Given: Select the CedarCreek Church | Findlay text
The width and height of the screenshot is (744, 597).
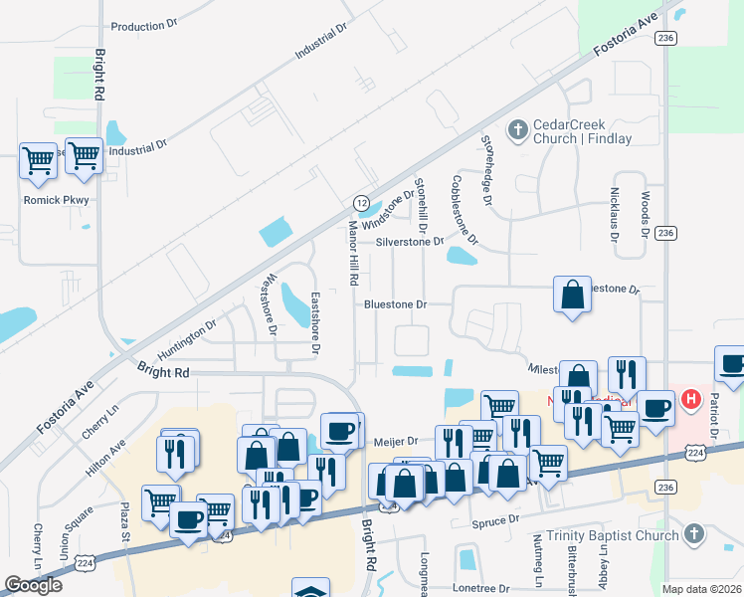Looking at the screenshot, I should pyautogui.click(x=583, y=131).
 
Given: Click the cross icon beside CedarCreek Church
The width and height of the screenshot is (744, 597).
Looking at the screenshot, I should pyautogui.click(x=517, y=129).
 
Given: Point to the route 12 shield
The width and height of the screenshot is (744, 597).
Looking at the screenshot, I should pyautogui.click(x=361, y=202).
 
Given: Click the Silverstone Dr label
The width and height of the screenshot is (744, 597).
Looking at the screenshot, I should pyautogui.click(x=409, y=242).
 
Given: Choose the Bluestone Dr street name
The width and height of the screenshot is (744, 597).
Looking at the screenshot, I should pyautogui.click(x=395, y=304).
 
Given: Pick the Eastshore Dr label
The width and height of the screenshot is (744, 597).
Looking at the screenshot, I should pyautogui.click(x=315, y=323).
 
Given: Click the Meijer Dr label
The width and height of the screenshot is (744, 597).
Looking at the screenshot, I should pyautogui.click(x=395, y=439).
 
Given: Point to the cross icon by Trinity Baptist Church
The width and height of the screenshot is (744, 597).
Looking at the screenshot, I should pyautogui.click(x=693, y=535).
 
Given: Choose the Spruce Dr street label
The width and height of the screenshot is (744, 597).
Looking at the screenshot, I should pyautogui.click(x=499, y=520).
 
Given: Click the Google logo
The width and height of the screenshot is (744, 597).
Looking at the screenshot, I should pyautogui.click(x=35, y=585).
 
